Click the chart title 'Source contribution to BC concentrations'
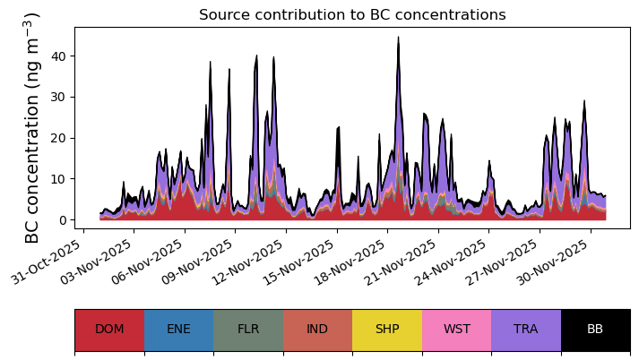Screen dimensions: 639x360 [x=352, y=14]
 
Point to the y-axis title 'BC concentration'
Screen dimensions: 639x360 [x=31, y=167]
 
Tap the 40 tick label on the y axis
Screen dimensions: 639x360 [x=58, y=56]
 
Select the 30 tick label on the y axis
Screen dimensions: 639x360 [x=58, y=98]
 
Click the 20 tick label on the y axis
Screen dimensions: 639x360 [x=58, y=138]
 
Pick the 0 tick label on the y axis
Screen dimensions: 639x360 [x=62, y=220]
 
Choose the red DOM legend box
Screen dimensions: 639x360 [x=109, y=330]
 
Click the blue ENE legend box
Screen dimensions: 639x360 [x=179, y=330]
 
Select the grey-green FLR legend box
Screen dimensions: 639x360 [x=248, y=330]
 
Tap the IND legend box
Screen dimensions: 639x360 [x=317, y=330]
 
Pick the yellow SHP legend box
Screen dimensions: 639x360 [x=387, y=330]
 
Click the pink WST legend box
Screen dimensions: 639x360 [x=457, y=330]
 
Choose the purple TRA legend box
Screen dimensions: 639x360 [x=526, y=330]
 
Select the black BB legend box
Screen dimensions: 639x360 [x=596, y=330]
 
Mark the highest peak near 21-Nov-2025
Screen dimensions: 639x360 [x=399, y=37]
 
